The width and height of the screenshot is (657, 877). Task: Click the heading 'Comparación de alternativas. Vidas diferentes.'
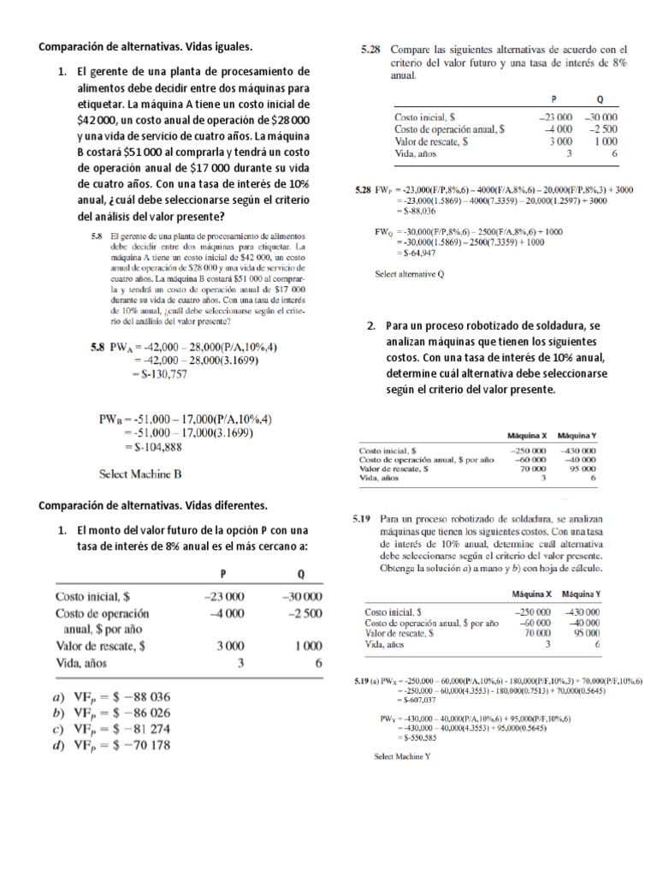[x=153, y=504]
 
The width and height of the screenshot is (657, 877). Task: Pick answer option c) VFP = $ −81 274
[x=113, y=729]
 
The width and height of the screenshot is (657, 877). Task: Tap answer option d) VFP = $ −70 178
[x=113, y=745]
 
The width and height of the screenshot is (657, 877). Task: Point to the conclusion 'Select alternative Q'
[x=410, y=275]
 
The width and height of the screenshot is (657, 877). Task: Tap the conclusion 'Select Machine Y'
[x=402, y=756]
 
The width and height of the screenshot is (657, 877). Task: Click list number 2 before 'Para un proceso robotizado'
[x=371, y=326]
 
